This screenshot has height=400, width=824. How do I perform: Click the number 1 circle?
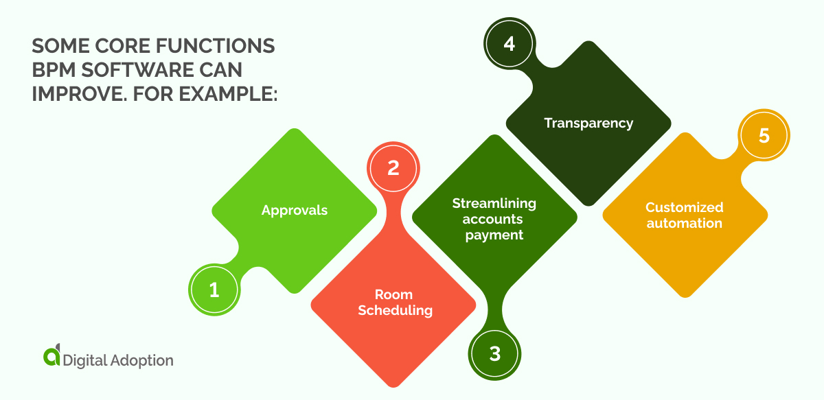pyautogui.click(x=214, y=290)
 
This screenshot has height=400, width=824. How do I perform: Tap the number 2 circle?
pyautogui.click(x=393, y=168)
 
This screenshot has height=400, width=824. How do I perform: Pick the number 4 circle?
pyautogui.click(x=508, y=43)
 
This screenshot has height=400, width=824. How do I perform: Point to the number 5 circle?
pyautogui.click(x=764, y=136)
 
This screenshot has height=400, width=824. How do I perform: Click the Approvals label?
pyautogui.click(x=295, y=211)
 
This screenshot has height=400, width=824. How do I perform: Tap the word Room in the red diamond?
pyautogui.click(x=393, y=296)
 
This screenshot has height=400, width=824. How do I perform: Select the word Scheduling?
pyautogui.click(x=396, y=311)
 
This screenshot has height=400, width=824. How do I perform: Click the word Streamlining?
pyautogui.click(x=494, y=204)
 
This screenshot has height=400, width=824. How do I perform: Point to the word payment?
pyautogui.click(x=494, y=235)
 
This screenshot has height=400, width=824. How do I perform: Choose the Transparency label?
pyautogui.click(x=588, y=123)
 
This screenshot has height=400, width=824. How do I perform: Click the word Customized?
pyautogui.click(x=684, y=207)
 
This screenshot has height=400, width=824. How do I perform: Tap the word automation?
pyautogui.click(x=684, y=223)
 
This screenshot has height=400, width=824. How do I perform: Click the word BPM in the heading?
pyautogui.click(x=54, y=70)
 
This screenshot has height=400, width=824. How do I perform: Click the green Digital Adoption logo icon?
pyautogui.click(x=51, y=357)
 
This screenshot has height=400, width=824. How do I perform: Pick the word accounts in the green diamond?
pyautogui.click(x=492, y=220)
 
